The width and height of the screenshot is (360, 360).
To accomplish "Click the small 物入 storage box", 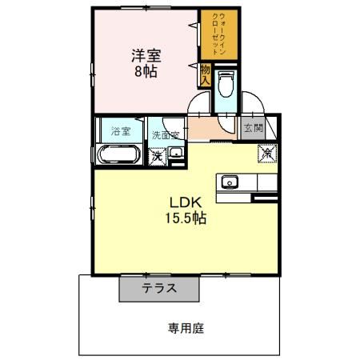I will [205, 77].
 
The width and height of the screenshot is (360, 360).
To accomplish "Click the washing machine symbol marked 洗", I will [158, 155].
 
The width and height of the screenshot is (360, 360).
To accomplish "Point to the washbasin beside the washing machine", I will [177, 154].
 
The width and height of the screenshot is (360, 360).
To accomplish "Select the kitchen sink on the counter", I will [230, 181].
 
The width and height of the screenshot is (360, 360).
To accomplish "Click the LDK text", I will [183, 202].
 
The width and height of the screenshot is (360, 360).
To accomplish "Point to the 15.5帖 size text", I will [186, 218].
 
